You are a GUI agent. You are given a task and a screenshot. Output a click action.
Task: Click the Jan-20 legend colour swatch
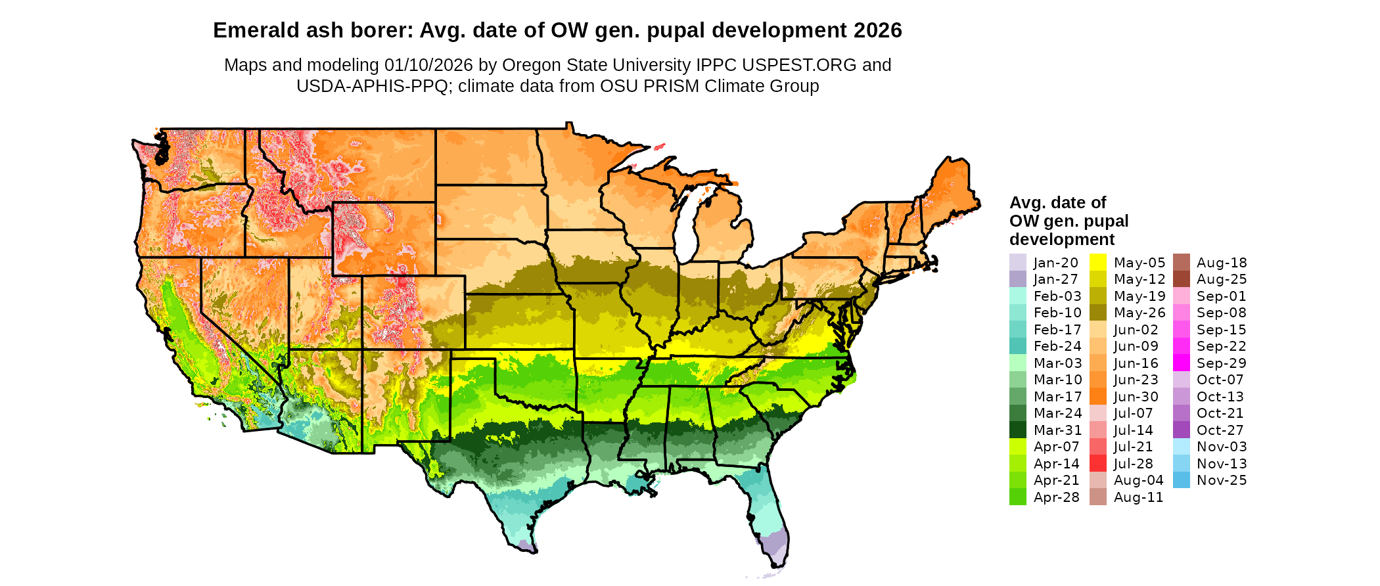coord(1017,262)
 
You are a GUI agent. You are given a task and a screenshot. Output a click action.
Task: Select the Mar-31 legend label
coord(1057,430)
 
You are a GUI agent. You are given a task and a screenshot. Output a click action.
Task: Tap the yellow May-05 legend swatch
coord(1097,262)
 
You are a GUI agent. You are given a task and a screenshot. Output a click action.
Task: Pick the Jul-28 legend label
coord(1133,464)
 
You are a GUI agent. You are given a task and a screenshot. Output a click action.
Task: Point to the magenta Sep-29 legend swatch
coord(1181,363)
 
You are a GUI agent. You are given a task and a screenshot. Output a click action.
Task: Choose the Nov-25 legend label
coord(1221,480)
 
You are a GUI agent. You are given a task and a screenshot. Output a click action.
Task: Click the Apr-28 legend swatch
coord(1017,497)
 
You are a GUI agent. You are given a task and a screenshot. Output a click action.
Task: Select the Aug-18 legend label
coord(1221,263)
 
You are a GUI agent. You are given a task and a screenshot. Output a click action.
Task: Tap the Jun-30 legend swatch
coord(1097,397)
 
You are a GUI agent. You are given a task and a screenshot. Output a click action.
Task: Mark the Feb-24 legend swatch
coord(1017,346)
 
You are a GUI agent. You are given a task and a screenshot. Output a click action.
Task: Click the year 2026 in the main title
coord(877,30)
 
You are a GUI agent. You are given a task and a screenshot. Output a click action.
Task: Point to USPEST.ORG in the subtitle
coord(798,65)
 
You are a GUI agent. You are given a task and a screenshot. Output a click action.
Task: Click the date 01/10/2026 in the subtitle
coord(428,65)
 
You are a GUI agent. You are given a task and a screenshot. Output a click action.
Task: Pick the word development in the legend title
coord(1062,239)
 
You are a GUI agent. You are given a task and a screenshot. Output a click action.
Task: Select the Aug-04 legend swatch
coord(1097,480)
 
